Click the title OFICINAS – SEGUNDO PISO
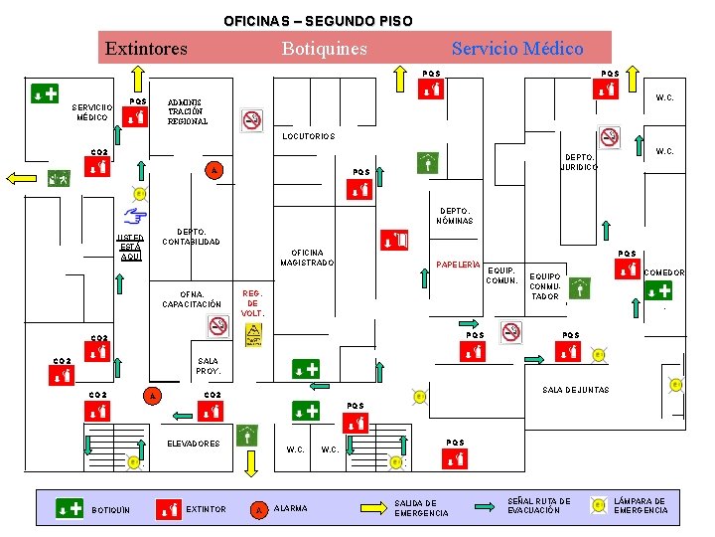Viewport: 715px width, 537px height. click(x=318, y=20)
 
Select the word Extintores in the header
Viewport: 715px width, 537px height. click(x=146, y=48)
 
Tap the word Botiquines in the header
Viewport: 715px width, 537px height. click(x=324, y=48)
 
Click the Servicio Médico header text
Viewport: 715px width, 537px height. click(x=517, y=48)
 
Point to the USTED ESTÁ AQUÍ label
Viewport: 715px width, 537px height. click(x=131, y=248)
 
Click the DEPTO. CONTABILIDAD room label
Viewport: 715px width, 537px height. click(x=191, y=237)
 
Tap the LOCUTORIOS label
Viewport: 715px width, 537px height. click(x=309, y=136)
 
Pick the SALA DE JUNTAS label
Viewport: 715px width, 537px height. click(x=576, y=390)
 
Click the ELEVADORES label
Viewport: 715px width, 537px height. click(x=194, y=444)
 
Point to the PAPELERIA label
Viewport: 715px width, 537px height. click(x=458, y=265)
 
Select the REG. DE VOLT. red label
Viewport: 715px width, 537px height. click(x=252, y=303)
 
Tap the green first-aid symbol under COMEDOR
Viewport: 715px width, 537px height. click(x=656, y=290)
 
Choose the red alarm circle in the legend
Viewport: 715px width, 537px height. click(x=257, y=510)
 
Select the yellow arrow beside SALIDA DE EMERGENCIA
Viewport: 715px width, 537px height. click(x=373, y=507)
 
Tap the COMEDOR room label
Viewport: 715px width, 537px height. click(x=664, y=272)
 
